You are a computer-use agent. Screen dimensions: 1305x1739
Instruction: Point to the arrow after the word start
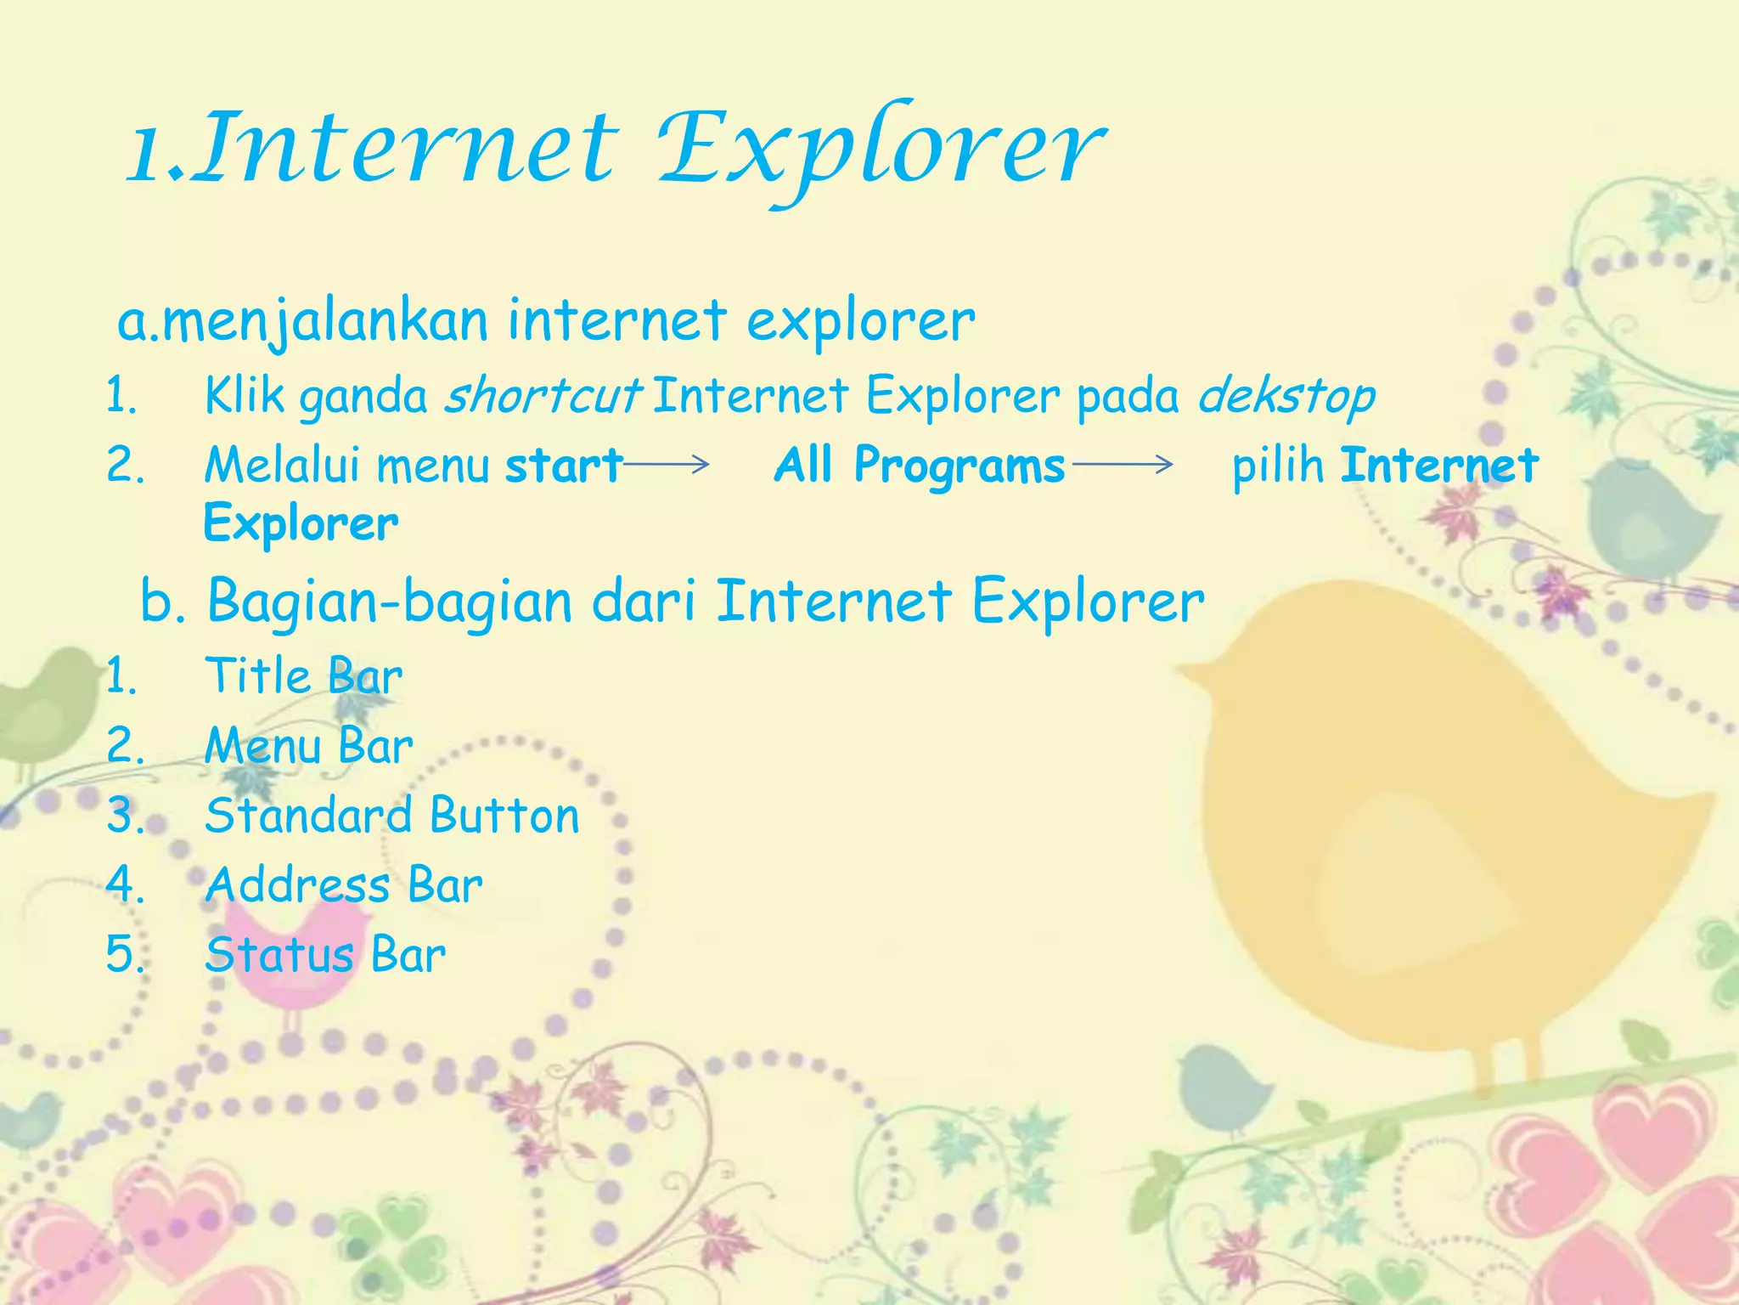(667, 464)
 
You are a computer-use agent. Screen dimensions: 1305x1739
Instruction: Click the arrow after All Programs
(1123, 464)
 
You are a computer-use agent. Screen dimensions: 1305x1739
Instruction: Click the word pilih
(1278, 466)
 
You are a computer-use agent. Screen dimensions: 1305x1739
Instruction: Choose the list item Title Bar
(303, 677)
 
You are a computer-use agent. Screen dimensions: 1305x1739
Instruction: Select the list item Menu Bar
(308, 747)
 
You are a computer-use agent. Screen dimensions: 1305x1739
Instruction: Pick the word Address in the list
(297, 885)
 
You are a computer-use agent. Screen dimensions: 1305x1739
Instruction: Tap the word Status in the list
(279, 955)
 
